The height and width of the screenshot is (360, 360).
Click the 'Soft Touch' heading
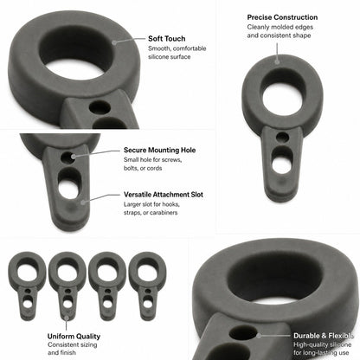pyautogui.click(x=166, y=39)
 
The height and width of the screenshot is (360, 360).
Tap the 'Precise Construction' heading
pyautogui.click(x=282, y=17)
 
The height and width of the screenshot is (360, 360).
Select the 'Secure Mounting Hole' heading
pyautogui.click(x=159, y=150)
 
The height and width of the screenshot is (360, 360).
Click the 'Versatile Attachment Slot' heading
pyautogui.click(x=164, y=195)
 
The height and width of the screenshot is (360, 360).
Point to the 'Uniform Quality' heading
pyautogui.click(x=74, y=337)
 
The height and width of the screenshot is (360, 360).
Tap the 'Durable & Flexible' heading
pyautogui.click(x=324, y=336)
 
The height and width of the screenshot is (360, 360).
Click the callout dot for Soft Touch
pyautogui.click(x=114, y=42)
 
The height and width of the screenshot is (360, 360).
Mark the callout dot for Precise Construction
pyautogui.click(x=277, y=61)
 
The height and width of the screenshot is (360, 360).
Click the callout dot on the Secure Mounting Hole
pyautogui.click(x=74, y=157)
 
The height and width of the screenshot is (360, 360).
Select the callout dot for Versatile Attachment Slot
pyautogui.click(x=83, y=202)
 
